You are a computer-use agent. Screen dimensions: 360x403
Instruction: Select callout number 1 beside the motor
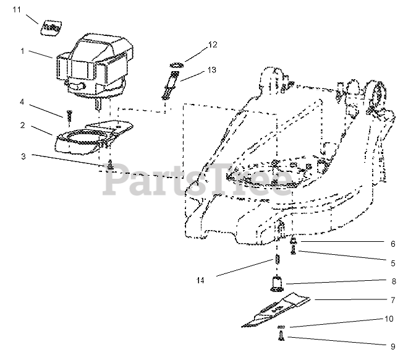click(x=23, y=51)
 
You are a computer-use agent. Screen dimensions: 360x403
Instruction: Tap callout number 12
click(x=213, y=45)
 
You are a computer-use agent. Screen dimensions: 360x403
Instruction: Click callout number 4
click(x=22, y=101)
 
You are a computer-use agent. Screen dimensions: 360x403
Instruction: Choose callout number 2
click(x=22, y=126)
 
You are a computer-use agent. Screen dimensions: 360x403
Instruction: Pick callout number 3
click(x=22, y=156)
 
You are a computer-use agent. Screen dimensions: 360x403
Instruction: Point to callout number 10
click(x=388, y=320)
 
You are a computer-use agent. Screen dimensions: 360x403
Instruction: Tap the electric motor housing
click(x=93, y=65)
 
